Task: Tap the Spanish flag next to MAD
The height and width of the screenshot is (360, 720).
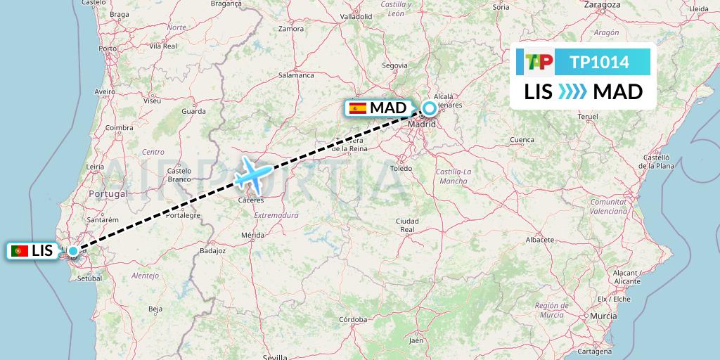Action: coord(358,108)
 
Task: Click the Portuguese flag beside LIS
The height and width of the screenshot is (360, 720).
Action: coord(20,251)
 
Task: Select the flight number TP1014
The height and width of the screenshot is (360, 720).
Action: coord(599,63)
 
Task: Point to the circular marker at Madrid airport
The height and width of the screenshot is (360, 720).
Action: coord(429,108)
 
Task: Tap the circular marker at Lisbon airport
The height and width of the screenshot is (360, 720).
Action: coord(72,251)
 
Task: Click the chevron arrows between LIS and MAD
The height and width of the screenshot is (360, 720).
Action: coord(572,92)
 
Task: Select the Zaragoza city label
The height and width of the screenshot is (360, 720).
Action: coord(603,4)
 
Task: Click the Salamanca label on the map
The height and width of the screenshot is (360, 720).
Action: coord(296,75)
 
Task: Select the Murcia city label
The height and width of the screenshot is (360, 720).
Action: coord(603,317)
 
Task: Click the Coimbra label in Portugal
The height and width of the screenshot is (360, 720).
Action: coord(119,127)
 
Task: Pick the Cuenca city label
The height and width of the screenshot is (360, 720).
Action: coord(522,140)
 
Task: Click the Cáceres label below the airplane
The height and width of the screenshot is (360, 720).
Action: coord(250,200)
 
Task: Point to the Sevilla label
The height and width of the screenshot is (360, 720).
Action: coord(275,357)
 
